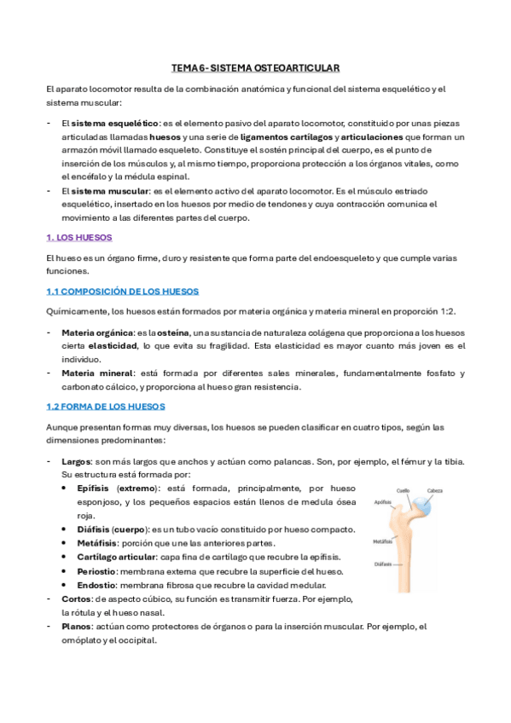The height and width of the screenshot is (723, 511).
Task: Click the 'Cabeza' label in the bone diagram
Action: point(435,490)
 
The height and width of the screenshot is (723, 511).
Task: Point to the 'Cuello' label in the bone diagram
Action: point(404,490)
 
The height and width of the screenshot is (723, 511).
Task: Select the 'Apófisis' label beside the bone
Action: point(382,503)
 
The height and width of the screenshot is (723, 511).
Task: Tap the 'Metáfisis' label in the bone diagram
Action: point(383,541)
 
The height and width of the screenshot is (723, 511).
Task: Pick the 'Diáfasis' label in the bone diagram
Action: point(383,564)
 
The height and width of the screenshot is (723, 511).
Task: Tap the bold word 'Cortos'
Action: point(76,599)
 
